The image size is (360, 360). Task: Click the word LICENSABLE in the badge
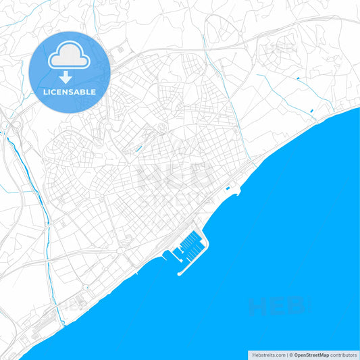pos(70,91)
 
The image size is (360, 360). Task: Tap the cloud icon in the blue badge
pos(70,56)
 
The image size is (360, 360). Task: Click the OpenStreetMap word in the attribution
pos(311,354)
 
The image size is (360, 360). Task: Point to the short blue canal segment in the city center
pos(138,148)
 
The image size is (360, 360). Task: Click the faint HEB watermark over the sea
pos(277,307)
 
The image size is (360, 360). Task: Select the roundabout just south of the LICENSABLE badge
pos(105,126)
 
